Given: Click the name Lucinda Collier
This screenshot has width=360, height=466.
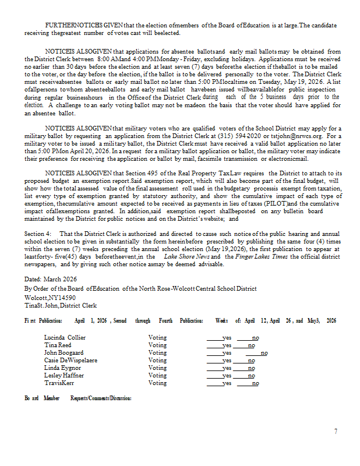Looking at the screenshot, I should [65, 337].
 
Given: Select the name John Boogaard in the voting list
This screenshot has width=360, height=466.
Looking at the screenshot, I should [65, 352].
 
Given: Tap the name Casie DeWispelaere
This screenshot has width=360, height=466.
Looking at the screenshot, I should [70, 360].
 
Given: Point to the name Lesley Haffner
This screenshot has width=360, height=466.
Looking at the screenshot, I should [65, 375].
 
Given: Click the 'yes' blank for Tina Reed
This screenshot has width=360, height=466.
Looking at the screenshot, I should [219, 345].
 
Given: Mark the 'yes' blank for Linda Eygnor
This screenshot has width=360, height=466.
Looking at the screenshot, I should [219, 368].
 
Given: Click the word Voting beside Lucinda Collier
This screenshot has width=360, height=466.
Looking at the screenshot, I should [157, 337].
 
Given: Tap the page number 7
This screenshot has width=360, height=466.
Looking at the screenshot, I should [336, 432].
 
